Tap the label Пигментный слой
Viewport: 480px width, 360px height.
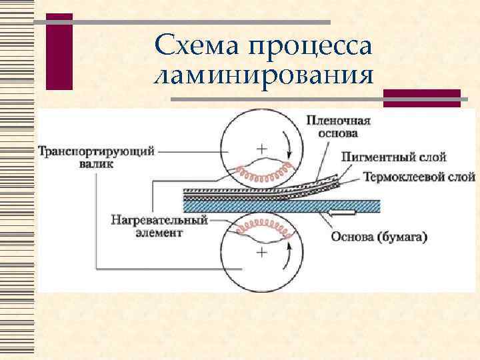coord(393,157)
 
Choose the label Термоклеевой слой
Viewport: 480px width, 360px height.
coord(419,177)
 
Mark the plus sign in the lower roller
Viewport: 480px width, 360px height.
coord(262,251)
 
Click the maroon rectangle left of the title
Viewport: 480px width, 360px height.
coord(59,51)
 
